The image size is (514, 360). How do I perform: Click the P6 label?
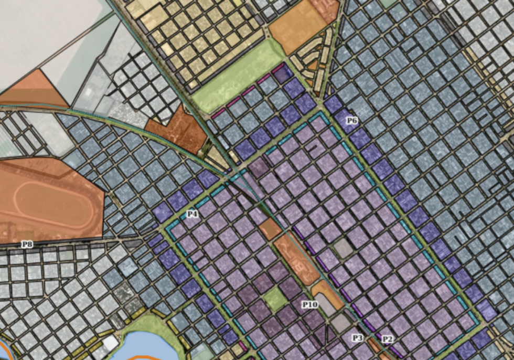point(351,121)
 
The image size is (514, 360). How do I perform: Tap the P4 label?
point(192,214)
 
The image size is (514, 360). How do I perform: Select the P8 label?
point(27,244)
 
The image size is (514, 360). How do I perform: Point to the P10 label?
point(309,304)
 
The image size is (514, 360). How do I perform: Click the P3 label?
point(358,338)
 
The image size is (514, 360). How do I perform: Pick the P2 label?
point(387,339)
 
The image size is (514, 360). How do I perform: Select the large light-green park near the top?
point(236,79)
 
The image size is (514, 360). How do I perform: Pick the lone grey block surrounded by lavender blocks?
point(344,248)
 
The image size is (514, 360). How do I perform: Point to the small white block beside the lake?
point(110,343)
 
